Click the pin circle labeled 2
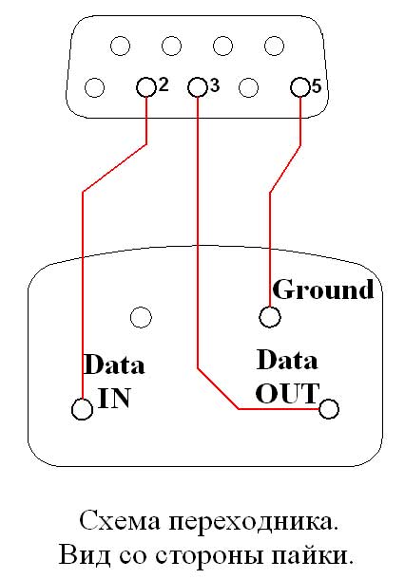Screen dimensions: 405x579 coord(146,87)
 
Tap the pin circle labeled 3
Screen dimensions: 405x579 coord(198,87)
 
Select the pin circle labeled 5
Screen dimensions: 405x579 coord(300,87)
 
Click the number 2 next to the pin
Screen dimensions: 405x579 coord(164,84)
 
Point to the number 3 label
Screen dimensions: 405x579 coord(215,85)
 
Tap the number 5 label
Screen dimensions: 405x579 coord(317,86)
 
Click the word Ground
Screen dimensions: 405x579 coord(323,289)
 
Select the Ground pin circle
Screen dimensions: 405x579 coord(270,317)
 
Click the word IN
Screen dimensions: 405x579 coord(114,398)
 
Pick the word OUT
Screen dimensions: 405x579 coord(287,394)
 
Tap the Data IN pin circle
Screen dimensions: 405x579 coord(82,409)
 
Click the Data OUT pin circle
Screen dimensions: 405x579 coord(328,409)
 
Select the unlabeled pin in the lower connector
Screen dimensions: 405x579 coord(141,317)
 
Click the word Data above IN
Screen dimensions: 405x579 coord(114,364)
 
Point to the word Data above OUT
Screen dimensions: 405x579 coord(287,360)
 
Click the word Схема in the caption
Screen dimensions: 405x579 coord(120,521)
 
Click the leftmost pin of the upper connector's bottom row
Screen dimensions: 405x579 coord(94,87)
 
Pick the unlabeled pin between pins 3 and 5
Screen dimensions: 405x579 coord(248,87)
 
